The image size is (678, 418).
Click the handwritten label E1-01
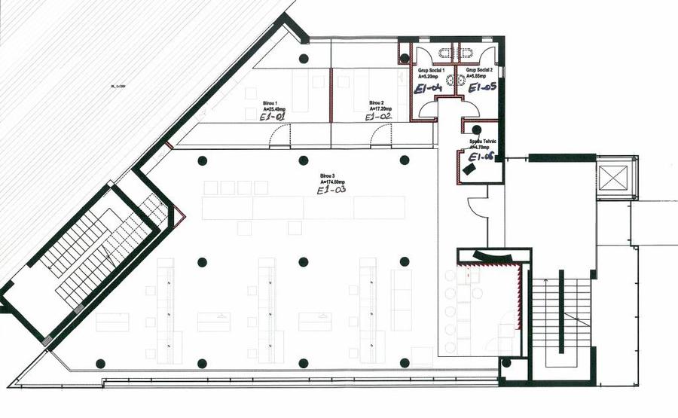tap(271, 117)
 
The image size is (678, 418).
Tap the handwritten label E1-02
tap(378, 117)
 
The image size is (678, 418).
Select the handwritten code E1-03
tap(332, 191)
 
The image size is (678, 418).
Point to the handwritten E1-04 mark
tap(427, 88)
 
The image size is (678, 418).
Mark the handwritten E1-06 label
tap(480, 157)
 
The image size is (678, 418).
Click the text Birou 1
tap(270, 103)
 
